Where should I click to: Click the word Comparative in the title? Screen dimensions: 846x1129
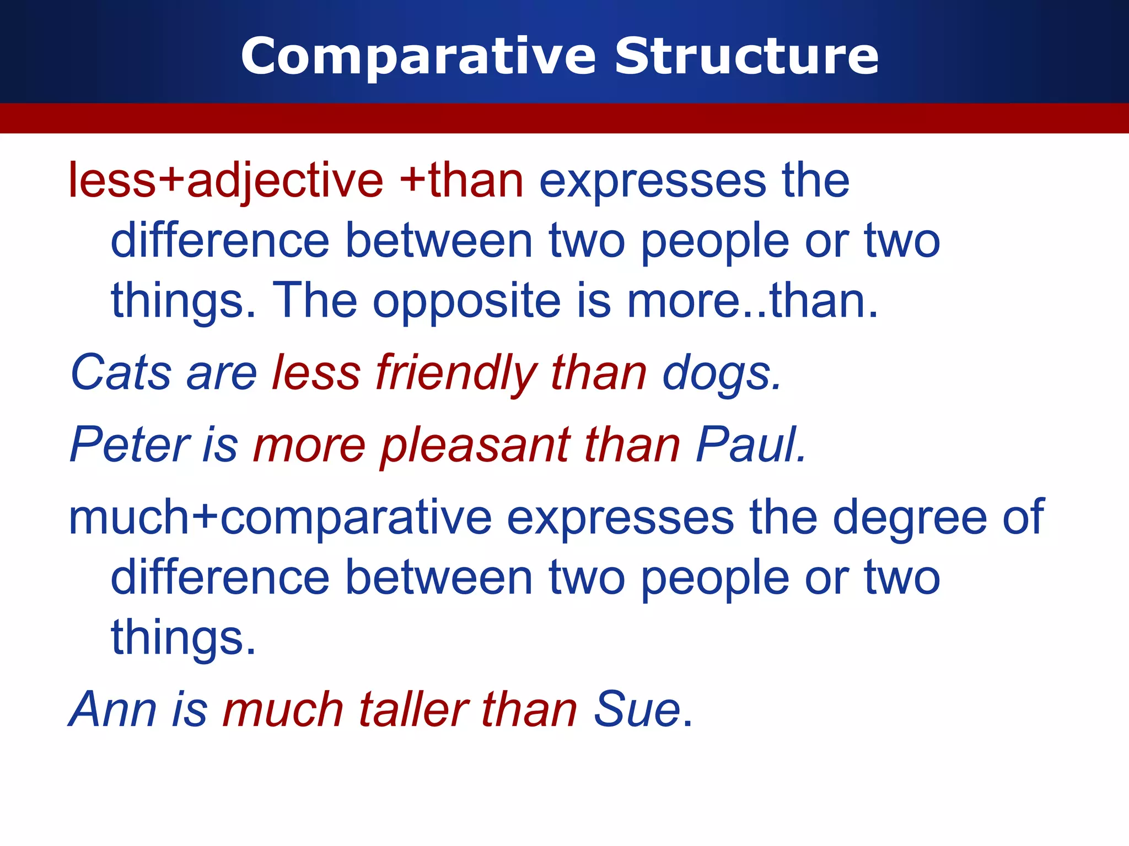pos(418,57)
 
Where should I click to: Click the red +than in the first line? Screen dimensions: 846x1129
pos(461,181)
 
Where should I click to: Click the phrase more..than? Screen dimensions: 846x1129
pos(752,301)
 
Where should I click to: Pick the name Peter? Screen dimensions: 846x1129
pos(130,444)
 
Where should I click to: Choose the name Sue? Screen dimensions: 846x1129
pos(637,709)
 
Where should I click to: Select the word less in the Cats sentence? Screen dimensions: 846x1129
pos(316,373)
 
